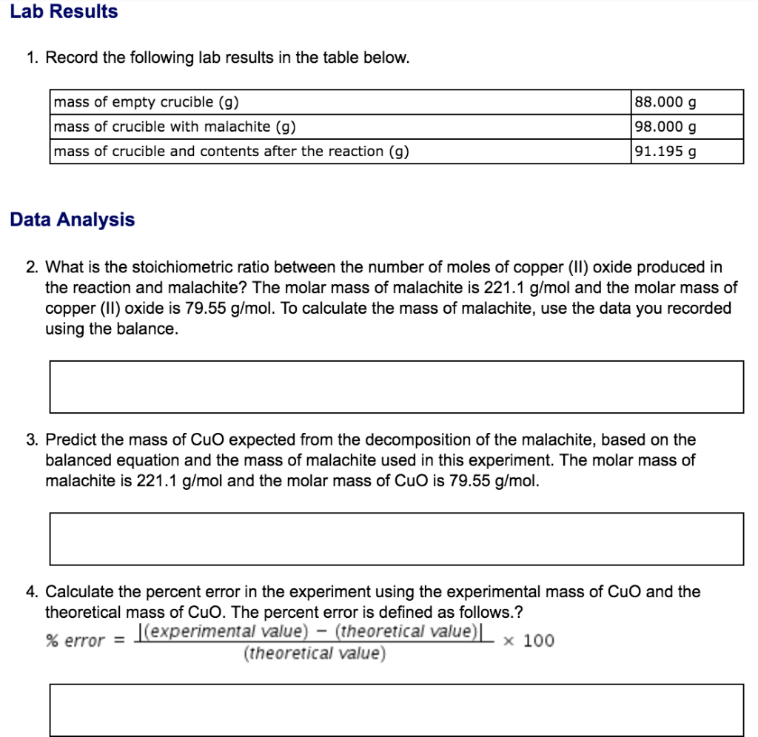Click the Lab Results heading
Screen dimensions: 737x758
pos(64,12)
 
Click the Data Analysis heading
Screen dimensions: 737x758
pos(72,220)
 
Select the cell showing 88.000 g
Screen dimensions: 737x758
pos(687,102)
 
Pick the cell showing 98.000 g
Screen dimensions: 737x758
pos(687,127)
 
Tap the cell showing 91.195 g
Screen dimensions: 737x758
pos(687,151)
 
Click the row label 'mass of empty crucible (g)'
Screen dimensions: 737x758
pos(147,102)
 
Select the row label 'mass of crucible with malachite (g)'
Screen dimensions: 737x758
pos(175,127)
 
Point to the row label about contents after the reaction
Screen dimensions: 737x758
pos(231,151)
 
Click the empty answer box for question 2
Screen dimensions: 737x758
pos(396,386)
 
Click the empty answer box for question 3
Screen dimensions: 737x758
pos(396,539)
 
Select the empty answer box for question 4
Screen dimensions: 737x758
pos(396,710)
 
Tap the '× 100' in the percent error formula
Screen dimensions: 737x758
pos(528,641)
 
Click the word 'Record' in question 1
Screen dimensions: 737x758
pos(72,58)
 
